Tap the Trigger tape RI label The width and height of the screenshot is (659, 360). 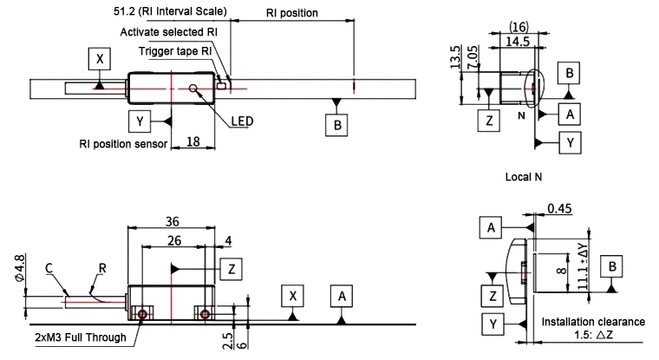pyautogui.click(x=176, y=50)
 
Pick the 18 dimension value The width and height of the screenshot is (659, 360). pyautogui.click(x=194, y=141)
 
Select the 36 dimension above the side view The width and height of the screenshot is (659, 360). pyautogui.click(x=172, y=220)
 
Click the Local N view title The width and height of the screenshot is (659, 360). pyautogui.click(x=523, y=177)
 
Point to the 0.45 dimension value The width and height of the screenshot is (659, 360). pyautogui.click(x=560, y=208)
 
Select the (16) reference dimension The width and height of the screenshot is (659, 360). pyautogui.click(x=519, y=28)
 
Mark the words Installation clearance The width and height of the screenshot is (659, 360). pyautogui.click(x=592, y=322)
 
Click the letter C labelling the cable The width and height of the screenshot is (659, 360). pyautogui.click(x=49, y=270)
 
